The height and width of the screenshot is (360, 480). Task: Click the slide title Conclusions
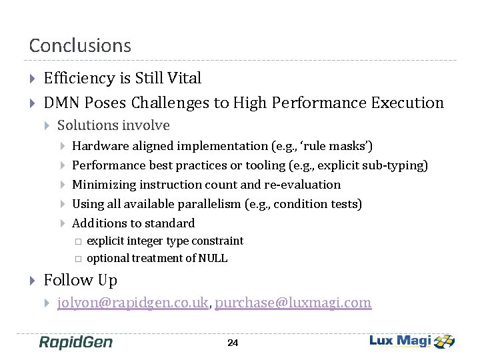point(80,45)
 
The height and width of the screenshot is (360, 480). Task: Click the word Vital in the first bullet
point(185,78)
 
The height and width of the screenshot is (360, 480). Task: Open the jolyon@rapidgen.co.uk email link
point(133,303)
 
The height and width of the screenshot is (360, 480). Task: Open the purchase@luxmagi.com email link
point(293,303)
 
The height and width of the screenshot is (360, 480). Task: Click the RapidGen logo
point(75,342)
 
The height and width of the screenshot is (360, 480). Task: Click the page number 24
point(233,343)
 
